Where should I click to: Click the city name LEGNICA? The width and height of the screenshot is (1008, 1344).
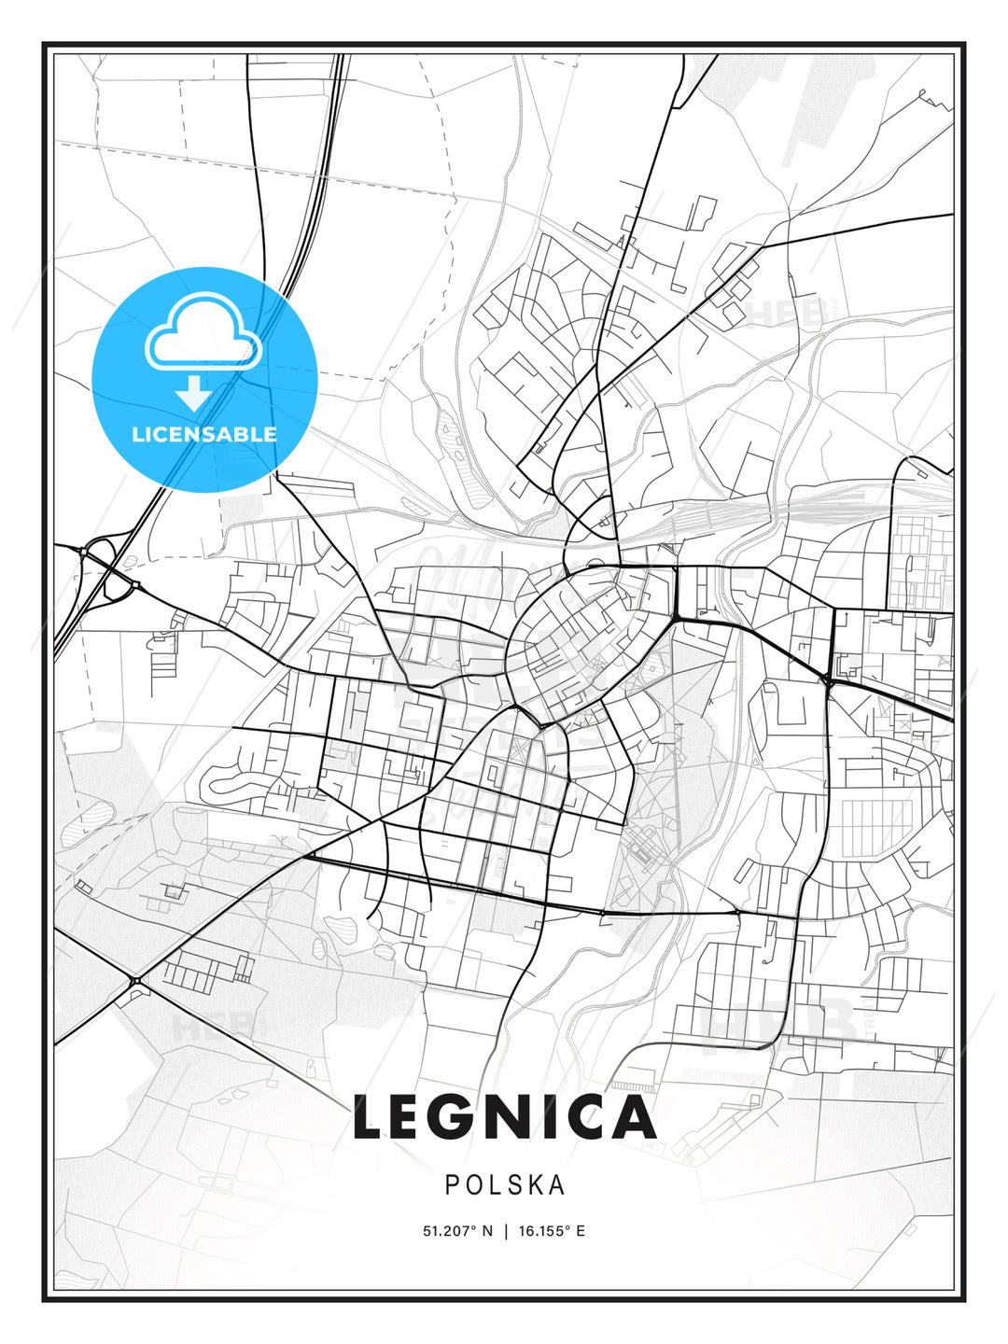(x=504, y=1117)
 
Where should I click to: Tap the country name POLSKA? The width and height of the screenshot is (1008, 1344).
(x=504, y=1185)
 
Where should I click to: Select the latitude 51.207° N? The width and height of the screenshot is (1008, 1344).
(x=457, y=1231)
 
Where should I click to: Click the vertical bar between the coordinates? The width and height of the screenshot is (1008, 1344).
(x=506, y=1231)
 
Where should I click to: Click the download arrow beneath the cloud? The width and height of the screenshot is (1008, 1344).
(x=194, y=393)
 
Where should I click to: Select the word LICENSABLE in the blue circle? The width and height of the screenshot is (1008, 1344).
(x=204, y=434)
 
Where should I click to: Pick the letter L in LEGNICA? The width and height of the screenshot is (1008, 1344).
(x=370, y=1117)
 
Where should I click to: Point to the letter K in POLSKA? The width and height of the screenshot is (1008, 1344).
(x=532, y=1185)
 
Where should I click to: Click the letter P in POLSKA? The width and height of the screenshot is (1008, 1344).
(x=451, y=1185)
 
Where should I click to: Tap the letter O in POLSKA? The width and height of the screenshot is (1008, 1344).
(x=473, y=1185)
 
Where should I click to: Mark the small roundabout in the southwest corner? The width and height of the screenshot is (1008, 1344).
(x=136, y=980)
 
